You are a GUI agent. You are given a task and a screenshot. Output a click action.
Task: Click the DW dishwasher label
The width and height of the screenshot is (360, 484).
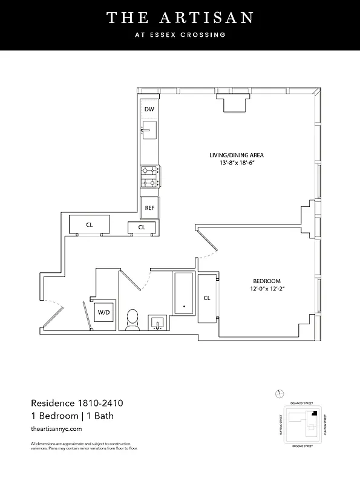tap(149, 110)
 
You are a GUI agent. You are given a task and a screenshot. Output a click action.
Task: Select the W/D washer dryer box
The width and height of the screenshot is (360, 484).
tap(104, 312)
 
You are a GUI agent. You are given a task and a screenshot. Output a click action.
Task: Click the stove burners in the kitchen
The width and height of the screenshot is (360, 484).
tap(149, 177)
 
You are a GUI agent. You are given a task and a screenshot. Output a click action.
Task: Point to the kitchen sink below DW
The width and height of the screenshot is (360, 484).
tap(149, 129)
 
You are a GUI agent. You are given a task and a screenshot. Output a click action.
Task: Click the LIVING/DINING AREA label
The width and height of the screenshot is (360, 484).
tap(236, 155)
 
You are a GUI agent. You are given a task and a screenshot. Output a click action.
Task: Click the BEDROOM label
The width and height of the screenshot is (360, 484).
tap(267, 281)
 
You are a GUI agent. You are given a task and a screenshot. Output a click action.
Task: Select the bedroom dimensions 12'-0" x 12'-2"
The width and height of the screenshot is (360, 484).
tap(267, 289)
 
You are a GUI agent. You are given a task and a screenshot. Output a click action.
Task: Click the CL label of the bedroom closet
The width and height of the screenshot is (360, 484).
tap(207, 298)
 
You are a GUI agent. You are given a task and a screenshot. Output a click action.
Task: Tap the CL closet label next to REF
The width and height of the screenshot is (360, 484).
tap(142, 227)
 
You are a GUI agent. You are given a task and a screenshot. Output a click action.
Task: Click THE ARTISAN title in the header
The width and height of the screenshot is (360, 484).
tap(180, 18)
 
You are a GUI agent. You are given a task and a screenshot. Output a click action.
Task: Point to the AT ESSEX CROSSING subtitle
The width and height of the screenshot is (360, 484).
tap(180, 35)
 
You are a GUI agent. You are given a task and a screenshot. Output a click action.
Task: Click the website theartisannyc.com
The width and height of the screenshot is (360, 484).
tap(56, 428)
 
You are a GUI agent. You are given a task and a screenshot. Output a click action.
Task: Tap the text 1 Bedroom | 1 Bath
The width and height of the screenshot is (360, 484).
tap(72, 416)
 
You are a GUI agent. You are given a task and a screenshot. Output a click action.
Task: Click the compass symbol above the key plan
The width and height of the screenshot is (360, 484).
tap(280, 393)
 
